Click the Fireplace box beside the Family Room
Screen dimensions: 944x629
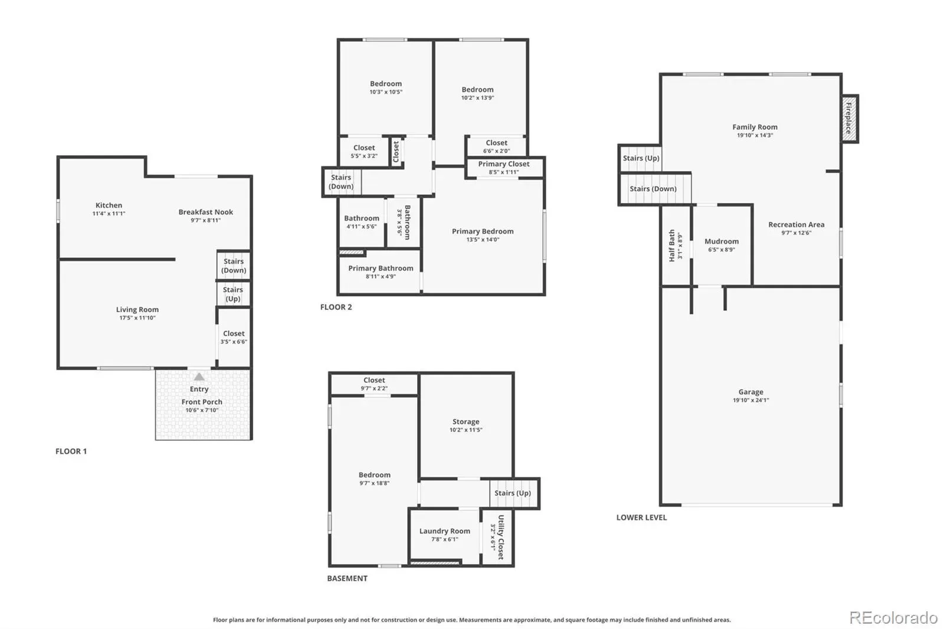(x=850, y=119)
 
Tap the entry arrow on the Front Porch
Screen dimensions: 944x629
(x=199, y=376)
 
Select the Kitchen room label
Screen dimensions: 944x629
(x=109, y=205)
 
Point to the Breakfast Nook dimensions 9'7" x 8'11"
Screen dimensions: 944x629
(x=206, y=220)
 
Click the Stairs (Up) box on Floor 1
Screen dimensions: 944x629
(x=234, y=293)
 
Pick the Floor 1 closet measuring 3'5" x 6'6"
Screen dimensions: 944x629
(x=234, y=338)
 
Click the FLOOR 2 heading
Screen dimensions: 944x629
(x=336, y=307)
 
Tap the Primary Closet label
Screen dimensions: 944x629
(x=504, y=163)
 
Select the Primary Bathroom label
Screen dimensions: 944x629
(x=381, y=268)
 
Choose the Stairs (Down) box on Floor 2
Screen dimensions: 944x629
(x=342, y=182)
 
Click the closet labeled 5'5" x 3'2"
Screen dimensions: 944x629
(x=364, y=151)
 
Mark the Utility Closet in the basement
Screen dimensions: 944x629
(x=497, y=537)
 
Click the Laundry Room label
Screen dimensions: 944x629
(x=445, y=531)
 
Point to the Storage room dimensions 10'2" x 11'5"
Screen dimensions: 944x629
(x=466, y=430)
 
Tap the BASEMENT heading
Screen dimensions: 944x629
(x=348, y=578)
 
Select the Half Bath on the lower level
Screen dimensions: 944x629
(x=676, y=245)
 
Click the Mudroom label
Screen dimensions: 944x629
(x=722, y=241)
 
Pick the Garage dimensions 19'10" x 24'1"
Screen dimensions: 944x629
(x=750, y=400)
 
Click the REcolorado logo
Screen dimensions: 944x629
(x=893, y=618)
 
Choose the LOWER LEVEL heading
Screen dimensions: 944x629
(x=641, y=517)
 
